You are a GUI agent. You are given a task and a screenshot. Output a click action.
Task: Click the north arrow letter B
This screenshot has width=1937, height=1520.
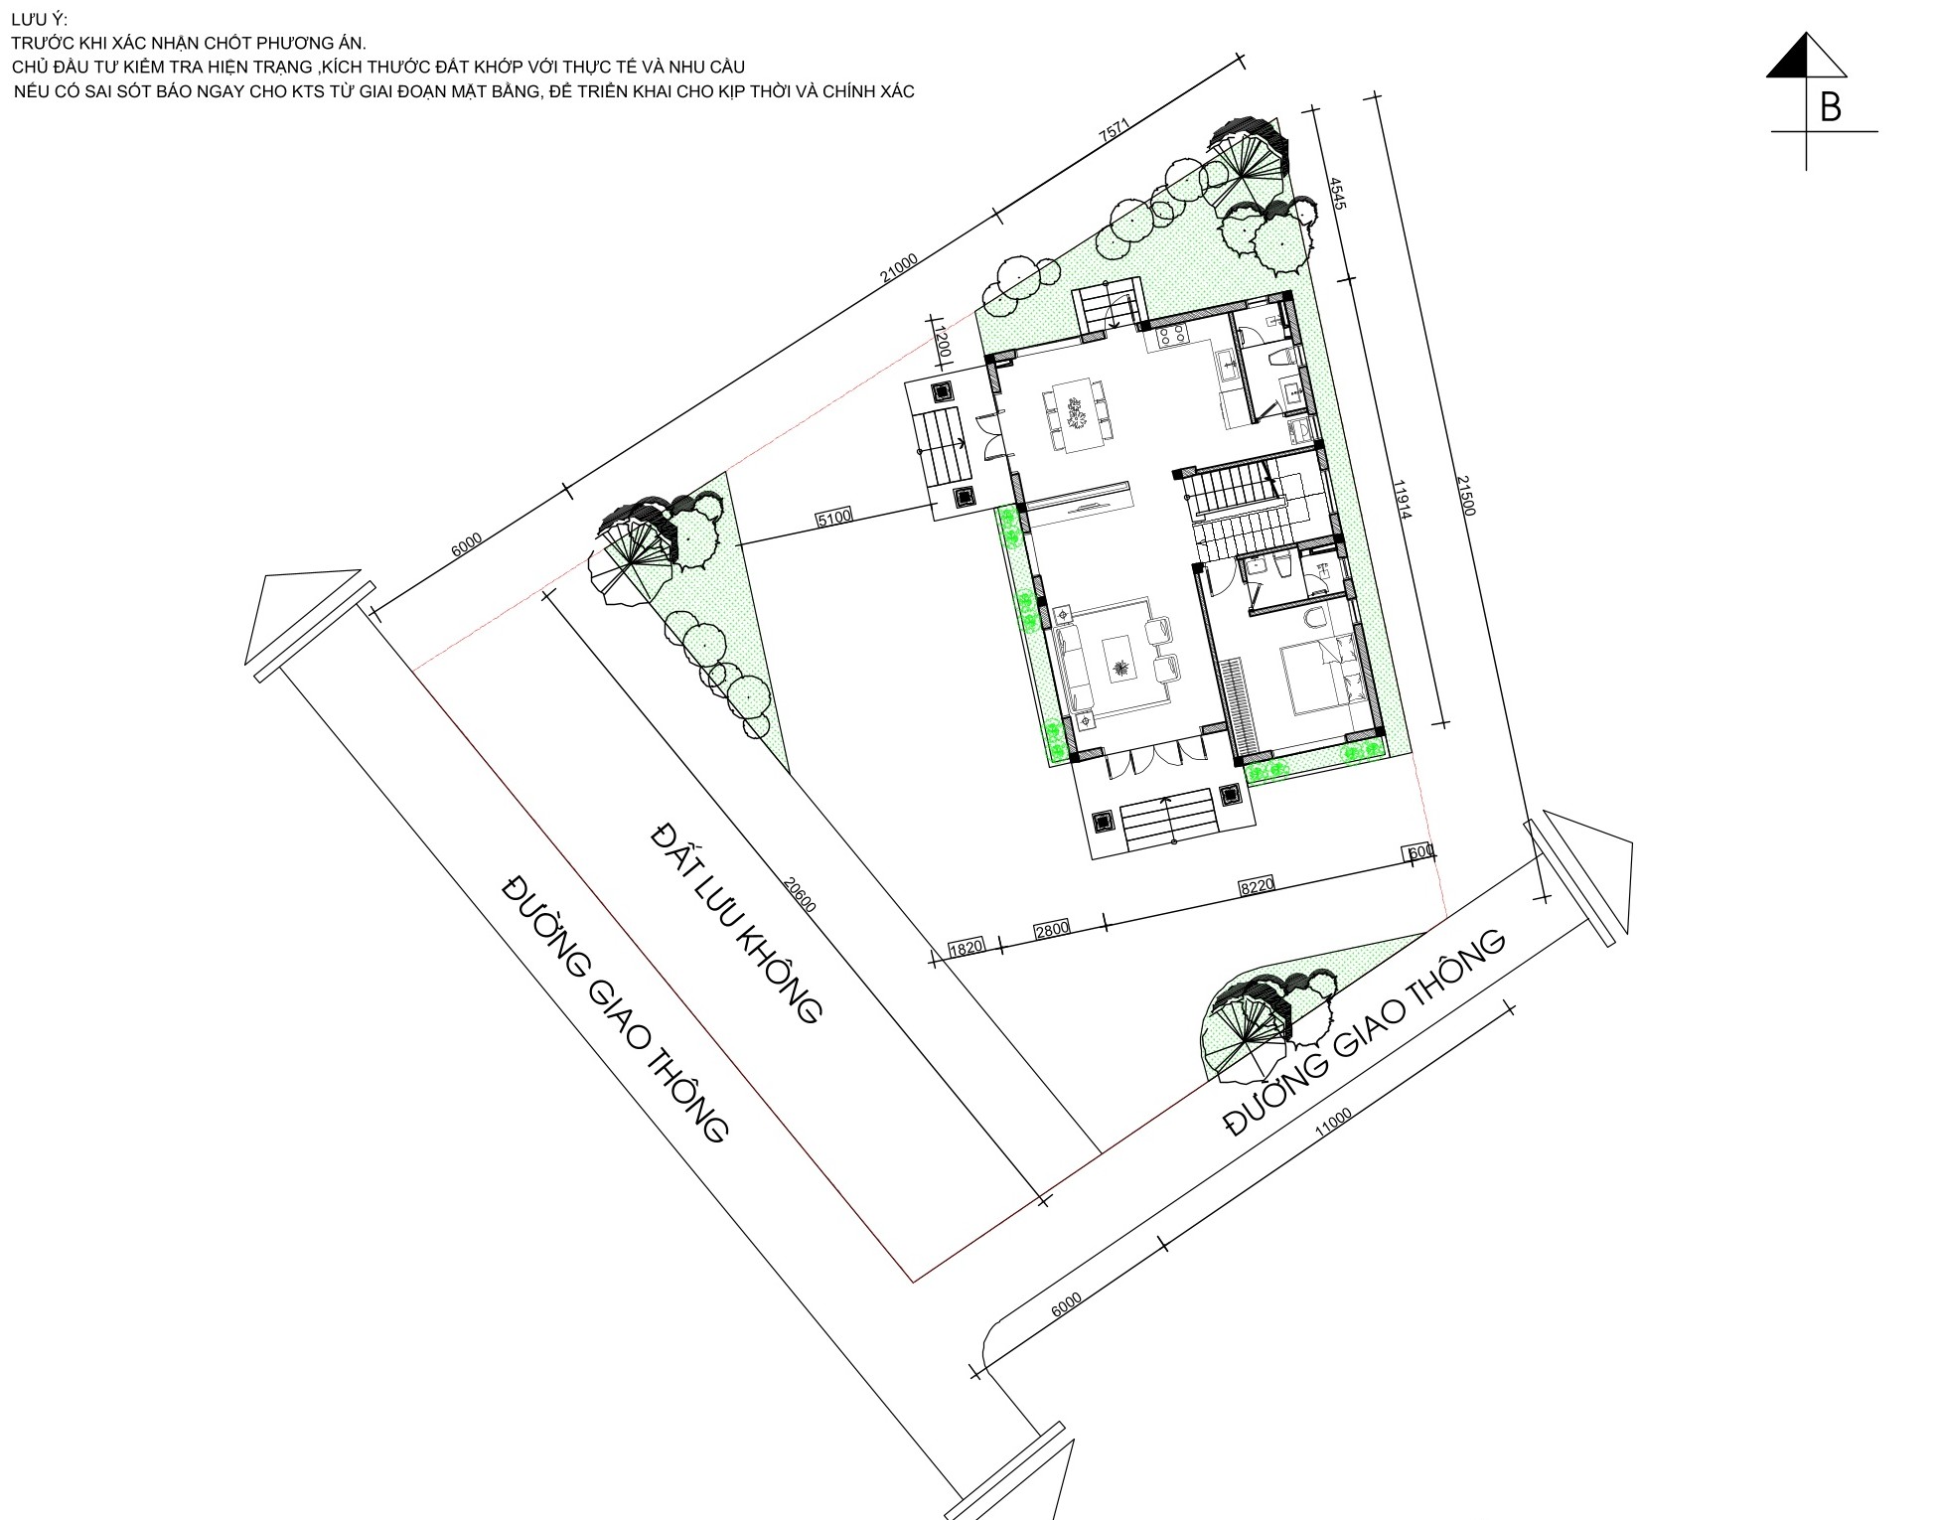pyautogui.click(x=1830, y=107)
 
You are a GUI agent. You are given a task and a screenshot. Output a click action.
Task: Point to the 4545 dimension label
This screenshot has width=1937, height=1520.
pyautogui.click(x=1337, y=193)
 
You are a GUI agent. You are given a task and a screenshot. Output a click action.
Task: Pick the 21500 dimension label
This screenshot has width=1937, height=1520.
pyautogui.click(x=1466, y=494)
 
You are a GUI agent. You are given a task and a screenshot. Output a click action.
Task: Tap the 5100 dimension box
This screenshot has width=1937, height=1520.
pyautogui.click(x=832, y=517)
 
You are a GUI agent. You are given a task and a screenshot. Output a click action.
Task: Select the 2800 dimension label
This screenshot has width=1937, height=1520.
pyautogui.click(x=1052, y=929)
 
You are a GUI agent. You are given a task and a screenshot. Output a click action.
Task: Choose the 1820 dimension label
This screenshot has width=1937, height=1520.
pyautogui.click(x=966, y=947)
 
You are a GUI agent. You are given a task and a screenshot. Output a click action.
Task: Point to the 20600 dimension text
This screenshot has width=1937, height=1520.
pyautogui.click(x=799, y=893)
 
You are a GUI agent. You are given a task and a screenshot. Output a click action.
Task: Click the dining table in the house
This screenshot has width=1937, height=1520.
pyautogui.click(x=1078, y=413)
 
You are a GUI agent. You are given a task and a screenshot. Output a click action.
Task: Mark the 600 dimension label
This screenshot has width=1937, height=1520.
pyautogui.click(x=1419, y=852)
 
